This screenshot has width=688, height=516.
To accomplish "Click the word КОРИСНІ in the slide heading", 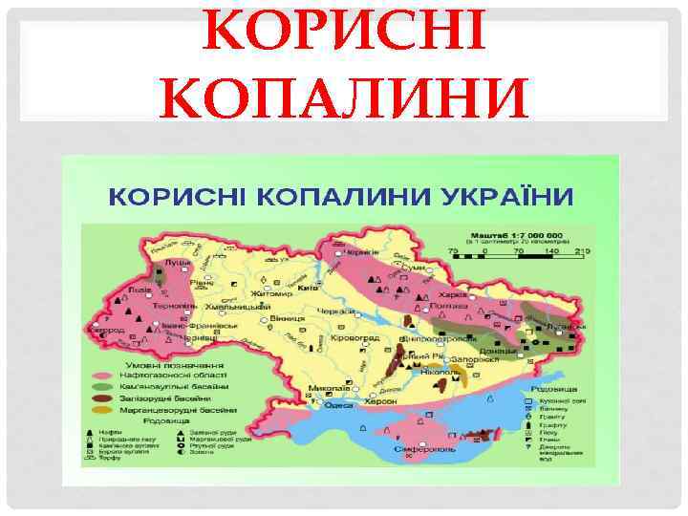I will [343, 37].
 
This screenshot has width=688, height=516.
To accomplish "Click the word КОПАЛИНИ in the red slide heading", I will [343, 97].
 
